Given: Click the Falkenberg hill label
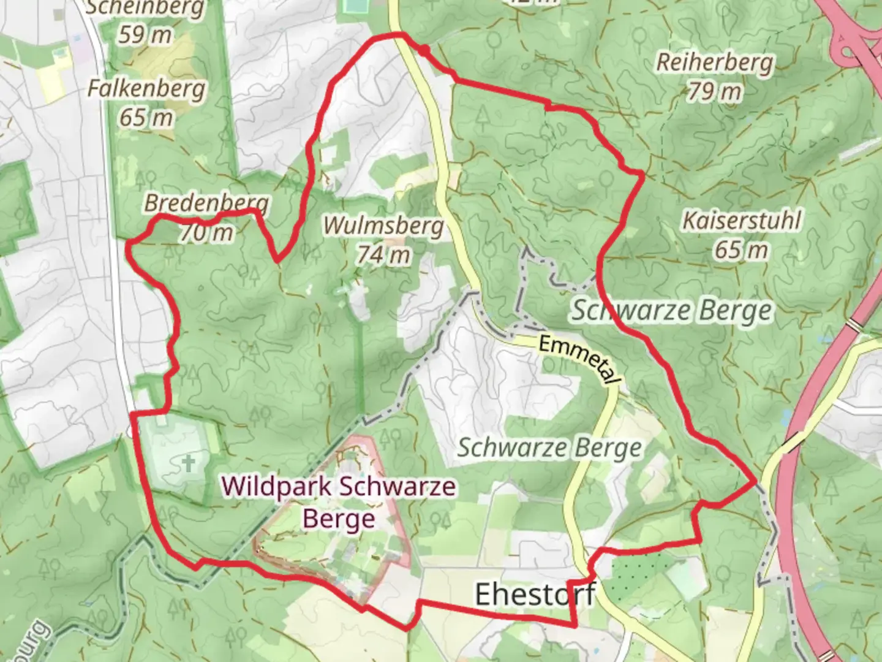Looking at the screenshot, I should [x=146, y=88].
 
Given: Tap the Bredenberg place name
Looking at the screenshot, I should [x=206, y=202].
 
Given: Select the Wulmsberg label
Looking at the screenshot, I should [x=383, y=225].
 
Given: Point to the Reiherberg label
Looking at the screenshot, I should [x=715, y=63].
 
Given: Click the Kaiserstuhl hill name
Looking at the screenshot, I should [x=742, y=220].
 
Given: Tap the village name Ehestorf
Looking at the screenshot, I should [x=535, y=594].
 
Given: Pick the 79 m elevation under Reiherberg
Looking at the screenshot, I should [x=714, y=92].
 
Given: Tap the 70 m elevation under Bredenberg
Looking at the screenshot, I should [x=206, y=232].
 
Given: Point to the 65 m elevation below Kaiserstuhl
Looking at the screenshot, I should [x=741, y=249].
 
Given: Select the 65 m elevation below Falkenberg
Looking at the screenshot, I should [x=146, y=117].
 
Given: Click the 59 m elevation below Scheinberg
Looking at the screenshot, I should [x=145, y=35].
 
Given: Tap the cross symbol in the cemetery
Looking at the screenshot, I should [x=189, y=463].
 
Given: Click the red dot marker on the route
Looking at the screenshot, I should [x=423, y=50].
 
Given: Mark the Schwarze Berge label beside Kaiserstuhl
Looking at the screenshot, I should [x=672, y=310].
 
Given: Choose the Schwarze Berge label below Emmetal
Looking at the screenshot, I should [x=549, y=448].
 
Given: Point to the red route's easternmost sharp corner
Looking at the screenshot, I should [x=755, y=482].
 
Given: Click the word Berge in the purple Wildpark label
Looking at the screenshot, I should [x=339, y=519].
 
